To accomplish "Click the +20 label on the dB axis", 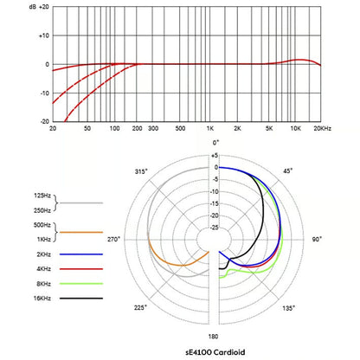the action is pos(44,7).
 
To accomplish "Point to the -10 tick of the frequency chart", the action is pos(44,93).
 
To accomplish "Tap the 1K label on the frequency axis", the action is pos(210,128).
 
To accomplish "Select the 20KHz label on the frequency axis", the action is pos(323,128).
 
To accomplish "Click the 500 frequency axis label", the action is pos(180,128).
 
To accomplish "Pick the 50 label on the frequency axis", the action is pos(87,128).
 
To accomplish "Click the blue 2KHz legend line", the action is pos(81,254).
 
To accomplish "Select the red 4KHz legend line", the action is pos(81,269).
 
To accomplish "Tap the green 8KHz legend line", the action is pos(81,284).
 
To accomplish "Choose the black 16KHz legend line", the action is pos(81,299).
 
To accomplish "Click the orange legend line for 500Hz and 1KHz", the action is pos(81,232).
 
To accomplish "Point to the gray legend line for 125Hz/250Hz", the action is pos(81,202).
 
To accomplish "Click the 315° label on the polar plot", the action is pos(141,171).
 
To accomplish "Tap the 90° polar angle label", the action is pos(317,239).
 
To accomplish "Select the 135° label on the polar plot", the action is pos(288,308).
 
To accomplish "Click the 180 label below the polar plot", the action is pos(213,337).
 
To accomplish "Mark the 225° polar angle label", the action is pos(140,307).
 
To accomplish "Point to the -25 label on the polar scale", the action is pos(214,228).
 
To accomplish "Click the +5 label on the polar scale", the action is pos(215,156).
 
